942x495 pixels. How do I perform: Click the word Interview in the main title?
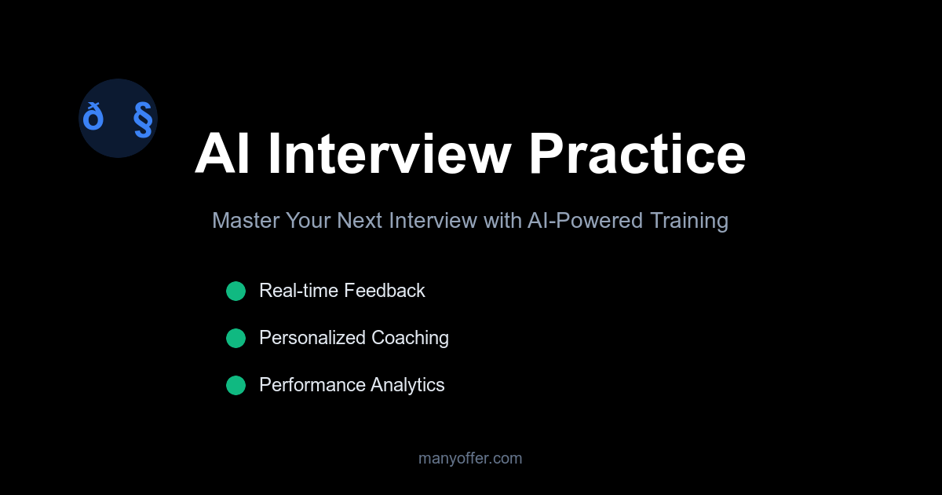[x=389, y=154]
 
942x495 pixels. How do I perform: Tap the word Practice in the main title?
[x=637, y=154]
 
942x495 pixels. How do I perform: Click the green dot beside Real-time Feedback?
[x=235, y=291]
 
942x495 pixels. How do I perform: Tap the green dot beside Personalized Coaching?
[x=235, y=339]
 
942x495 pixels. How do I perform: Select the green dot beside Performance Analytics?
[x=235, y=386]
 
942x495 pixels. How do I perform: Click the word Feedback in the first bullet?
[x=385, y=291]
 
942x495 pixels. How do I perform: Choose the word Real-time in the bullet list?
[x=298, y=291]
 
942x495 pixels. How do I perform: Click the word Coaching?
[x=410, y=338]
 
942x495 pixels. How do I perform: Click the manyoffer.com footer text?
[x=470, y=458]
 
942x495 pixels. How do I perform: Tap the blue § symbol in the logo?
[x=142, y=119]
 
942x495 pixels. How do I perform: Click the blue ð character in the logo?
[x=93, y=118]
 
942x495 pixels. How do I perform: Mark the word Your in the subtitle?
[x=308, y=221]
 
